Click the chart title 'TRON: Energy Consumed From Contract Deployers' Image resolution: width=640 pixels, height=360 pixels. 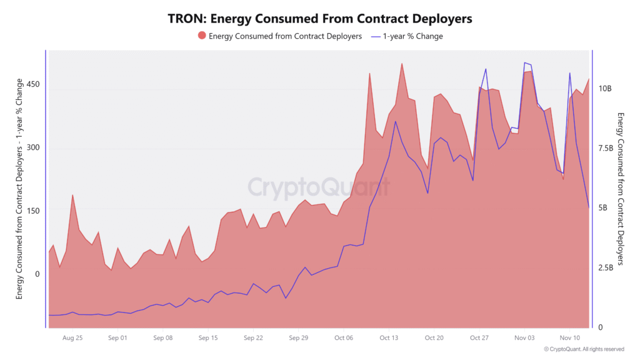[320, 19]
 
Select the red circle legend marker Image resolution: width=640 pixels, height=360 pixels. [202, 36]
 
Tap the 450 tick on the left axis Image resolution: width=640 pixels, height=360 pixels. [34, 84]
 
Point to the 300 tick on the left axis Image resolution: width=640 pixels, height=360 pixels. [34, 147]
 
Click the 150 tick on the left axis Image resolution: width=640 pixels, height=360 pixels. [34, 211]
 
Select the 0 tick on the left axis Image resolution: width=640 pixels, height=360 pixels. [38, 274]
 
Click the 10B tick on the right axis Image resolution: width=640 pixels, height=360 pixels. [605, 89]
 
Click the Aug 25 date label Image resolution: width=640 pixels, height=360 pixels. [72, 337]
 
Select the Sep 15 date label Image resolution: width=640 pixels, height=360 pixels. [208, 337]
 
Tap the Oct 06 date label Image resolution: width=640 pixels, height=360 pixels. [344, 337]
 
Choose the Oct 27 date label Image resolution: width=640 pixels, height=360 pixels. [479, 337]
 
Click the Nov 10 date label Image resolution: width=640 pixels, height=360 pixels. [570, 337]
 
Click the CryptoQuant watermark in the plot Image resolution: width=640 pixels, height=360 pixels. [319, 187]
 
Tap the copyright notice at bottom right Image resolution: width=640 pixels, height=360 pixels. [584, 349]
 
